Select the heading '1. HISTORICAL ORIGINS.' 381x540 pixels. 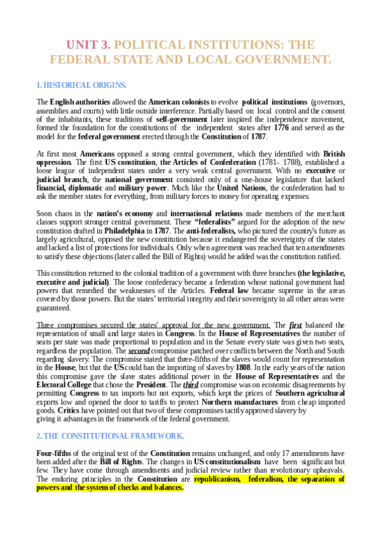click(81, 85)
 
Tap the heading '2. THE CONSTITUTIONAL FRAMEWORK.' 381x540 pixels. click(110, 436)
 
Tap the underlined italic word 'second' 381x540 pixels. click(139, 350)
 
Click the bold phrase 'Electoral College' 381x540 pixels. click(66, 385)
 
